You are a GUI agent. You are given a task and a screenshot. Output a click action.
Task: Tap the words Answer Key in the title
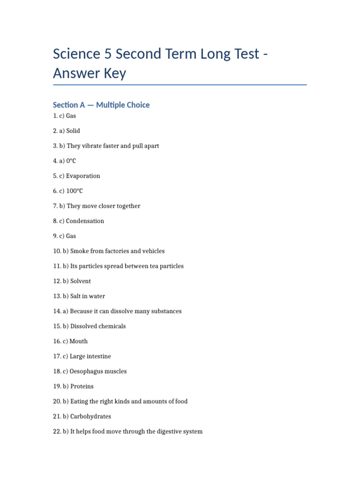pyautogui.click(x=90, y=73)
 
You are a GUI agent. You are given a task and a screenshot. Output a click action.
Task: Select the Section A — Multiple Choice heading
pyautogui.click(x=101, y=105)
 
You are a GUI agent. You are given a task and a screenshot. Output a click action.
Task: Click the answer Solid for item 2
pyautogui.click(x=73, y=131)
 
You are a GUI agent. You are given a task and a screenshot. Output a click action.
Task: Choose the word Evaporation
pyautogui.click(x=83, y=176)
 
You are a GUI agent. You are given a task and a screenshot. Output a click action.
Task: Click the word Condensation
pyautogui.click(x=85, y=221)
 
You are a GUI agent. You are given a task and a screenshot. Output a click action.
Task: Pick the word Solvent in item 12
pyautogui.click(x=81, y=281)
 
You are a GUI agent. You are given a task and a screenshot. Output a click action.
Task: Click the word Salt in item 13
pyautogui.click(x=76, y=296)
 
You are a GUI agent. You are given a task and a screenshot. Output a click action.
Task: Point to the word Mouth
pyautogui.click(x=78, y=341)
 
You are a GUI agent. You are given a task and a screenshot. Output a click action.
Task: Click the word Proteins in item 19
pyautogui.click(x=82, y=386)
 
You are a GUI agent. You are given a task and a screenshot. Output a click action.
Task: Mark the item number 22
pyautogui.click(x=57, y=431)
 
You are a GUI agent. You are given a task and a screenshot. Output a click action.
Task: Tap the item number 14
pyautogui.click(x=57, y=311)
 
